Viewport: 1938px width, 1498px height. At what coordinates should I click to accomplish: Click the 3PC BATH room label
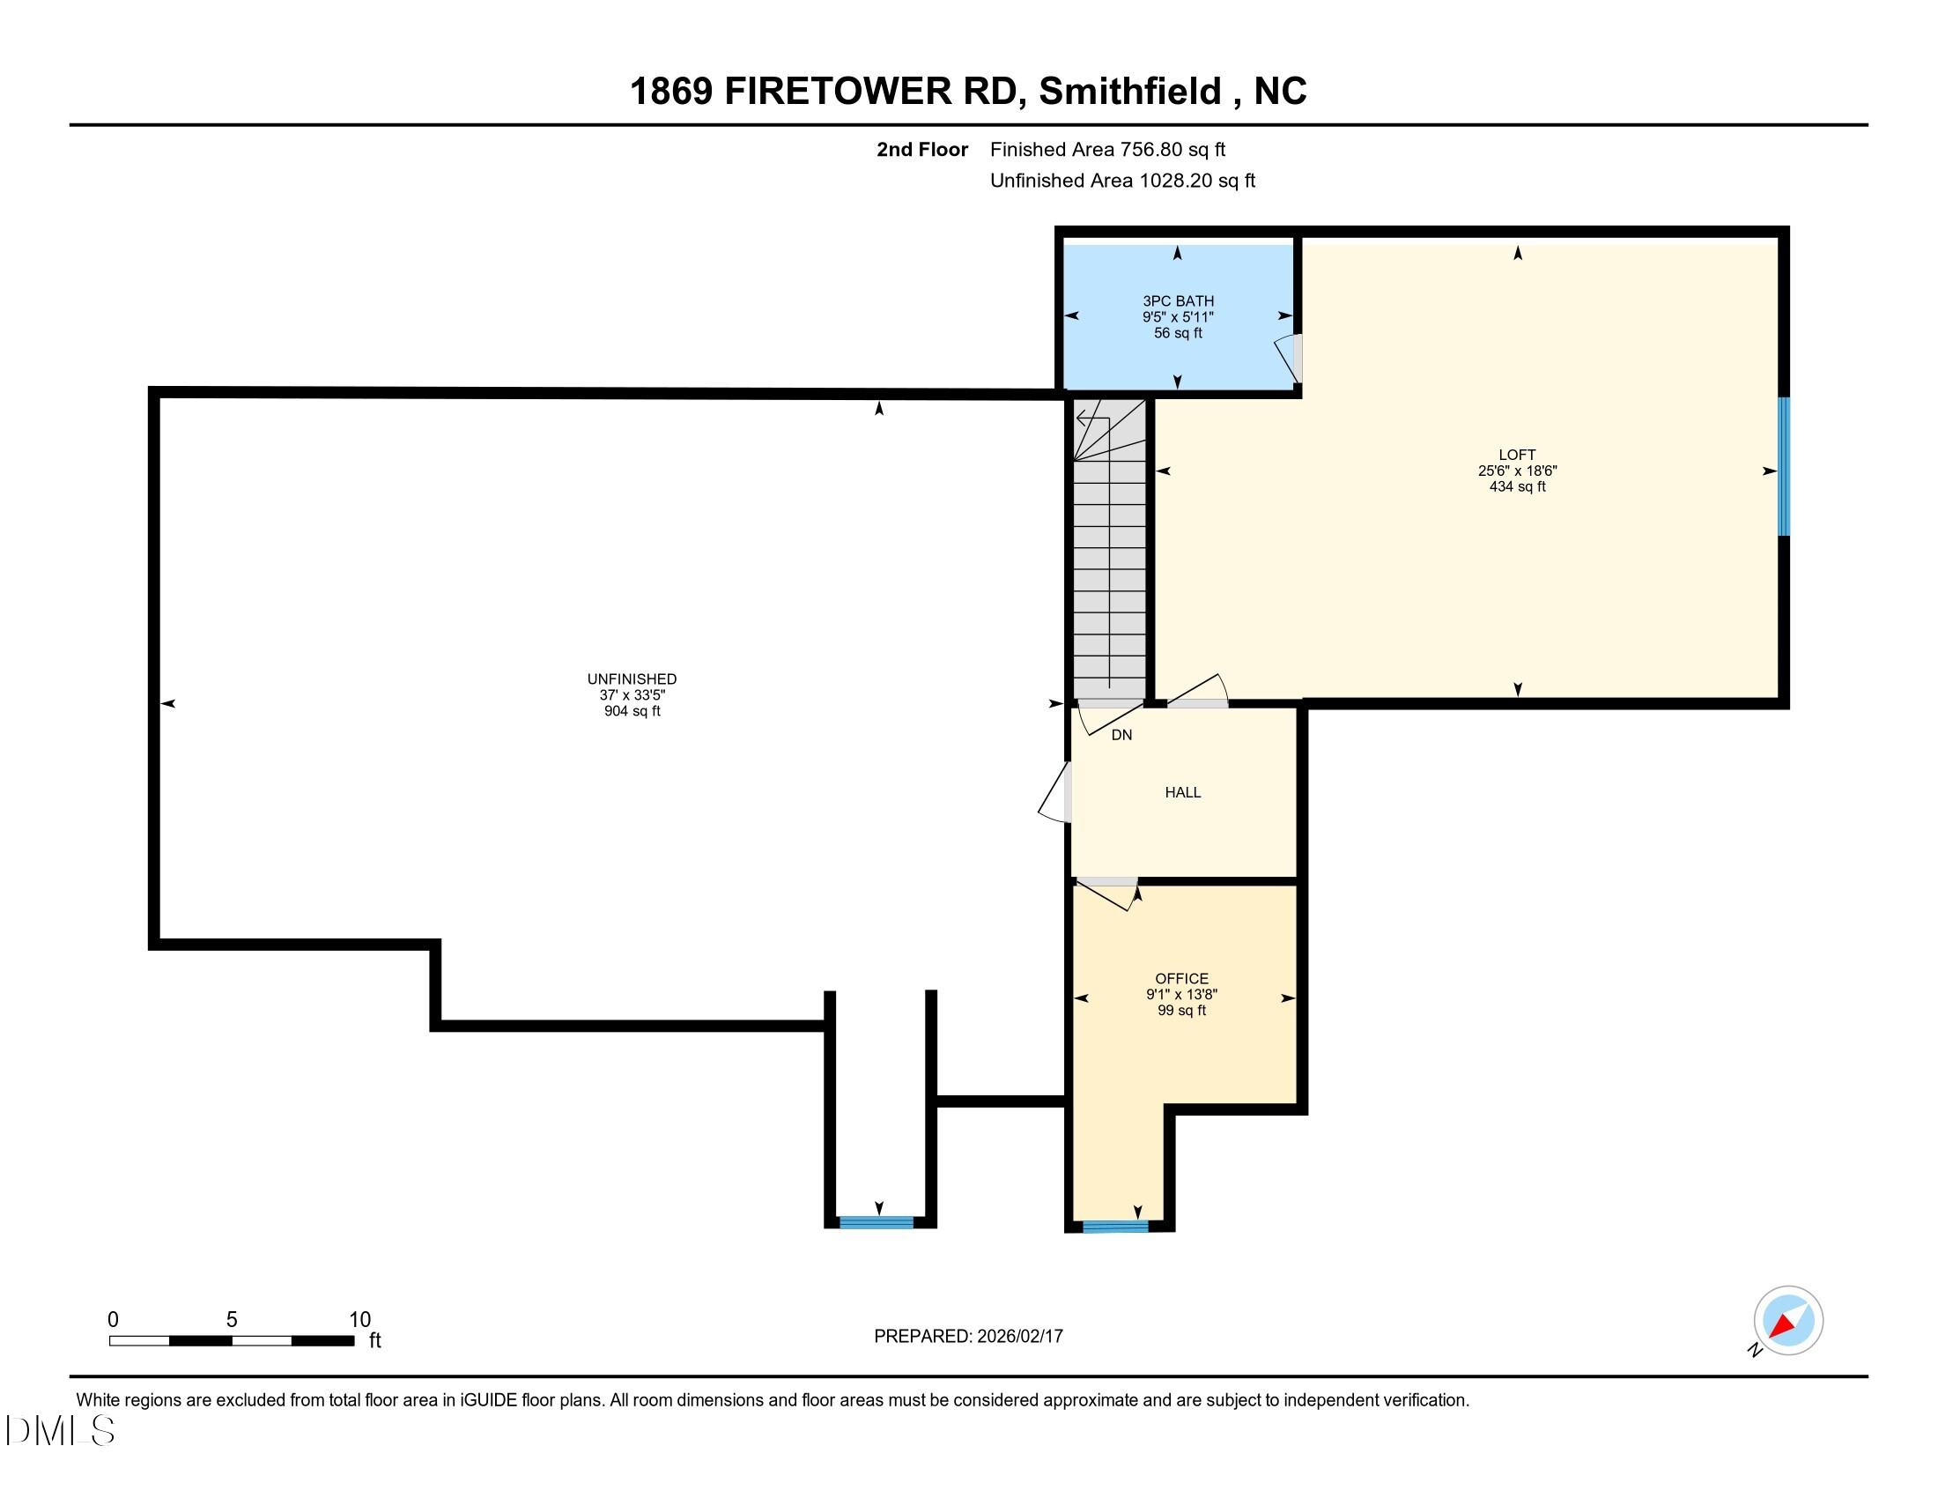pyautogui.click(x=1178, y=300)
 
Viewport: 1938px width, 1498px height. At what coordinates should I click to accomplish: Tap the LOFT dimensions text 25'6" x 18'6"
pyautogui.click(x=1517, y=471)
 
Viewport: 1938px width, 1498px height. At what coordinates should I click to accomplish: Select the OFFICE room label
pyautogui.click(x=1181, y=978)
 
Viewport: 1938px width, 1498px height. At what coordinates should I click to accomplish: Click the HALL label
pyautogui.click(x=1182, y=791)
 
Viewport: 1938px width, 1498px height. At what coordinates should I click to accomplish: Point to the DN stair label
pyautogui.click(x=1121, y=735)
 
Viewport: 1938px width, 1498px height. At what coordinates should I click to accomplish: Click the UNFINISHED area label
pyautogui.click(x=631, y=679)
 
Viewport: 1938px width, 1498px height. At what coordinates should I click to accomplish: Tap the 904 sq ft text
pyautogui.click(x=631, y=711)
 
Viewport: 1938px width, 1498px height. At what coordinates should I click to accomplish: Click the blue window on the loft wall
pyautogui.click(x=1783, y=467)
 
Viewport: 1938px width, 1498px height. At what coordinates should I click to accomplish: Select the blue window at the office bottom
pyautogui.click(x=1114, y=1227)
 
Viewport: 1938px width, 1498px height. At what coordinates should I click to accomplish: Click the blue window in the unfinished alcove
pyautogui.click(x=876, y=1222)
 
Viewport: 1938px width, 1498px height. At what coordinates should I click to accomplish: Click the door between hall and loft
pyautogui.click(x=1198, y=693)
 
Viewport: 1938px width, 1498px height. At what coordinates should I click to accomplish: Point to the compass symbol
pyautogui.click(x=1787, y=1321)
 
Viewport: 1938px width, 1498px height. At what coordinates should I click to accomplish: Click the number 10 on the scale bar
pyautogui.click(x=359, y=1320)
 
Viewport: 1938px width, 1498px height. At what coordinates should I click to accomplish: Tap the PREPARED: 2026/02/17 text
pyautogui.click(x=968, y=1336)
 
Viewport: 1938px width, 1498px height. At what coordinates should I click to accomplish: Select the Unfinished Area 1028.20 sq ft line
pyautogui.click(x=1121, y=181)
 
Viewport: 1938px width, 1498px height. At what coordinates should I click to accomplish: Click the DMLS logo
pyautogui.click(x=59, y=1430)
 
